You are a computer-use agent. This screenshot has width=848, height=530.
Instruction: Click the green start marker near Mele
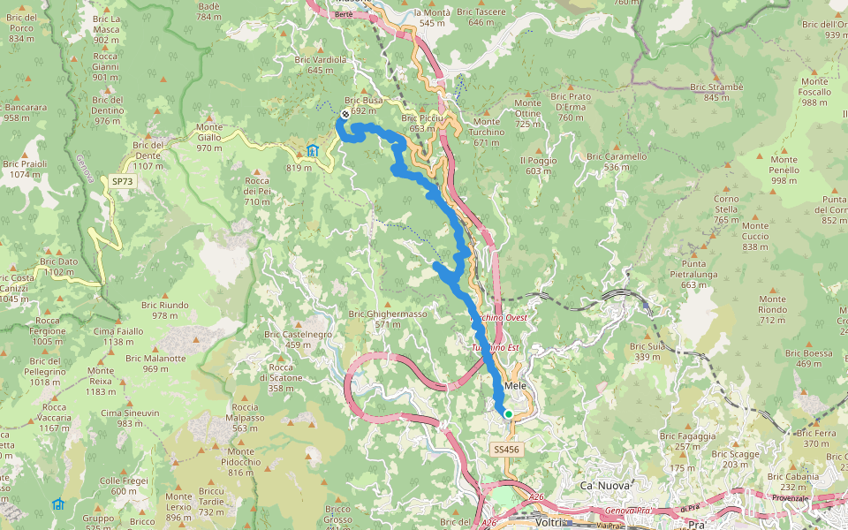[509, 413]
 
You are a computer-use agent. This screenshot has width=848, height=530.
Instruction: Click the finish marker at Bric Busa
[344, 114]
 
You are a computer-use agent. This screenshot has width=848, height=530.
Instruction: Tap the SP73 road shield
[123, 181]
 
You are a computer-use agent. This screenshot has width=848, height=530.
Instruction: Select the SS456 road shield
[506, 450]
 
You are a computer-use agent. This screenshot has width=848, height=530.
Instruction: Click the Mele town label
[516, 397]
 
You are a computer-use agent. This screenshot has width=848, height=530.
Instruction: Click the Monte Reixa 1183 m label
[101, 385]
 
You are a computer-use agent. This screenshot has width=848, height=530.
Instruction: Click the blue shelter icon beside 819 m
[312, 150]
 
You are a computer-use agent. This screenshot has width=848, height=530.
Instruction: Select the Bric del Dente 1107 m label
[148, 155]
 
